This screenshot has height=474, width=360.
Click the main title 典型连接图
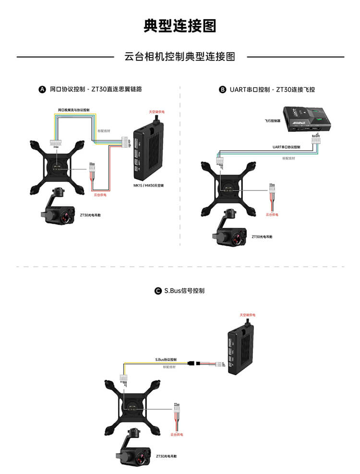[180, 26]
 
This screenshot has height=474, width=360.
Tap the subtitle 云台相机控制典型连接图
[180, 57]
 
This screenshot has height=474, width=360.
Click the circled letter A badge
[42, 89]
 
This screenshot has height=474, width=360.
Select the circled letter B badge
[222, 89]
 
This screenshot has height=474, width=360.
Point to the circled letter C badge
[158, 291]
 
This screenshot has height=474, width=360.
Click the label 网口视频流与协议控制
[74, 110]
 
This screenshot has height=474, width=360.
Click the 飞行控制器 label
[272, 121]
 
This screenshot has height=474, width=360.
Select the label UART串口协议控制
[286, 147]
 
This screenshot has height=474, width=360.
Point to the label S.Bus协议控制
[166, 359]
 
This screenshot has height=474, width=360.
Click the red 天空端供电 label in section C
[248, 315]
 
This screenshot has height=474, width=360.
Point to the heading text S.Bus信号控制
[184, 291]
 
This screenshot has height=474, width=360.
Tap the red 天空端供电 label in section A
[156, 112]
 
